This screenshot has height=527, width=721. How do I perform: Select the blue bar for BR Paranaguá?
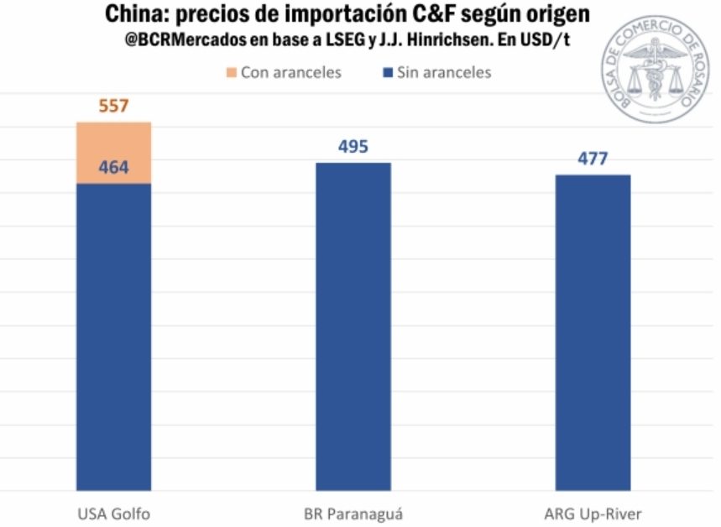click(x=353, y=327)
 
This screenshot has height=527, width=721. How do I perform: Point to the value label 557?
click(x=113, y=107)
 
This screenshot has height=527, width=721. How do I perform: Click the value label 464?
click(x=113, y=167)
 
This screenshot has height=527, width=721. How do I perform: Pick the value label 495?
click(x=353, y=147)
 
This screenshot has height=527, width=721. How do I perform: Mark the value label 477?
click(x=593, y=159)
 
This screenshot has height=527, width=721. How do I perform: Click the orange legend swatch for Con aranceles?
click(x=231, y=73)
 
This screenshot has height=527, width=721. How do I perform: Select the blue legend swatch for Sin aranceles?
click(x=387, y=73)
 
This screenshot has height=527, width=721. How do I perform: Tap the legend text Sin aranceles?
click(x=445, y=73)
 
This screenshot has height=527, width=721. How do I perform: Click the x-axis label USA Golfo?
click(x=113, y=514)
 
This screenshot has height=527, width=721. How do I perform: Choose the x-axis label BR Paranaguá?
click(x=353, y=514)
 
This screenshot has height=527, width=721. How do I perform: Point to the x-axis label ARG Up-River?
click(x=593, y=514)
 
